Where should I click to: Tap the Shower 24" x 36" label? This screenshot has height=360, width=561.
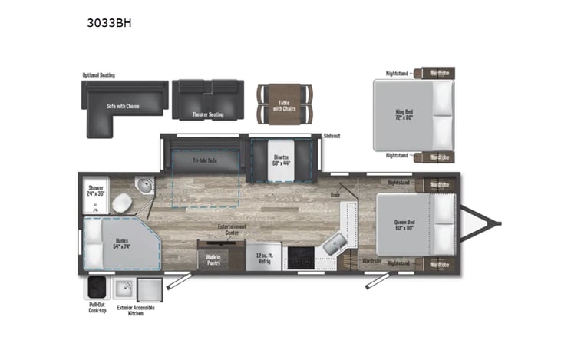pos(97,190)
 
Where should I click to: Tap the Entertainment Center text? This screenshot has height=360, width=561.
pos(231,230)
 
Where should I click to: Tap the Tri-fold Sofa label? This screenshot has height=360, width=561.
pos(205,160)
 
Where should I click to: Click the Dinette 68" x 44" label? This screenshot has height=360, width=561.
pos(282,160)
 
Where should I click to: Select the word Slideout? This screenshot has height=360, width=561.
pos(332,136)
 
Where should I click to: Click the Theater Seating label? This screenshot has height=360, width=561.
pos(208,115)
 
